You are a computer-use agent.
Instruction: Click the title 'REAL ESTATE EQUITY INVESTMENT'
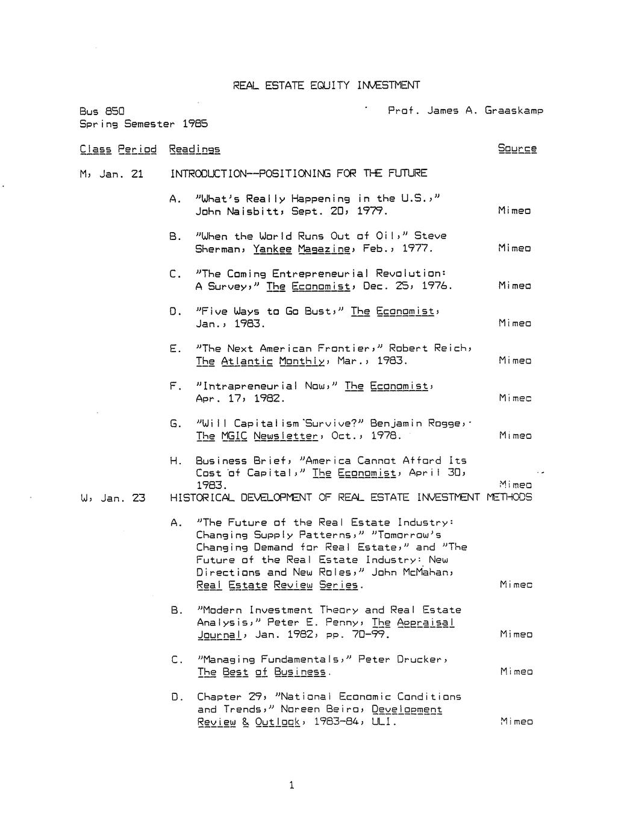pos(326,86)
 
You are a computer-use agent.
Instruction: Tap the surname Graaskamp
pos(514,111)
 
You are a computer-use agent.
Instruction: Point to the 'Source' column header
pos(517,149)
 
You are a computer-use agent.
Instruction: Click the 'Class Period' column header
pos(118,149)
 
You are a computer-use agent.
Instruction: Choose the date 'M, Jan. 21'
pos(111,174)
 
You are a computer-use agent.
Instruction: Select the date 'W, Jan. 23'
pos(113,499)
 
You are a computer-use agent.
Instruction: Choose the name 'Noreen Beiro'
pos(321,710)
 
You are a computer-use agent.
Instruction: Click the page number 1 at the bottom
pos(291,785)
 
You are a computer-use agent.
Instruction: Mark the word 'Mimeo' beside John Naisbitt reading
pos(514,211)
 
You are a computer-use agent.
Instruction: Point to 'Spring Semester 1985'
pos(143,124)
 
